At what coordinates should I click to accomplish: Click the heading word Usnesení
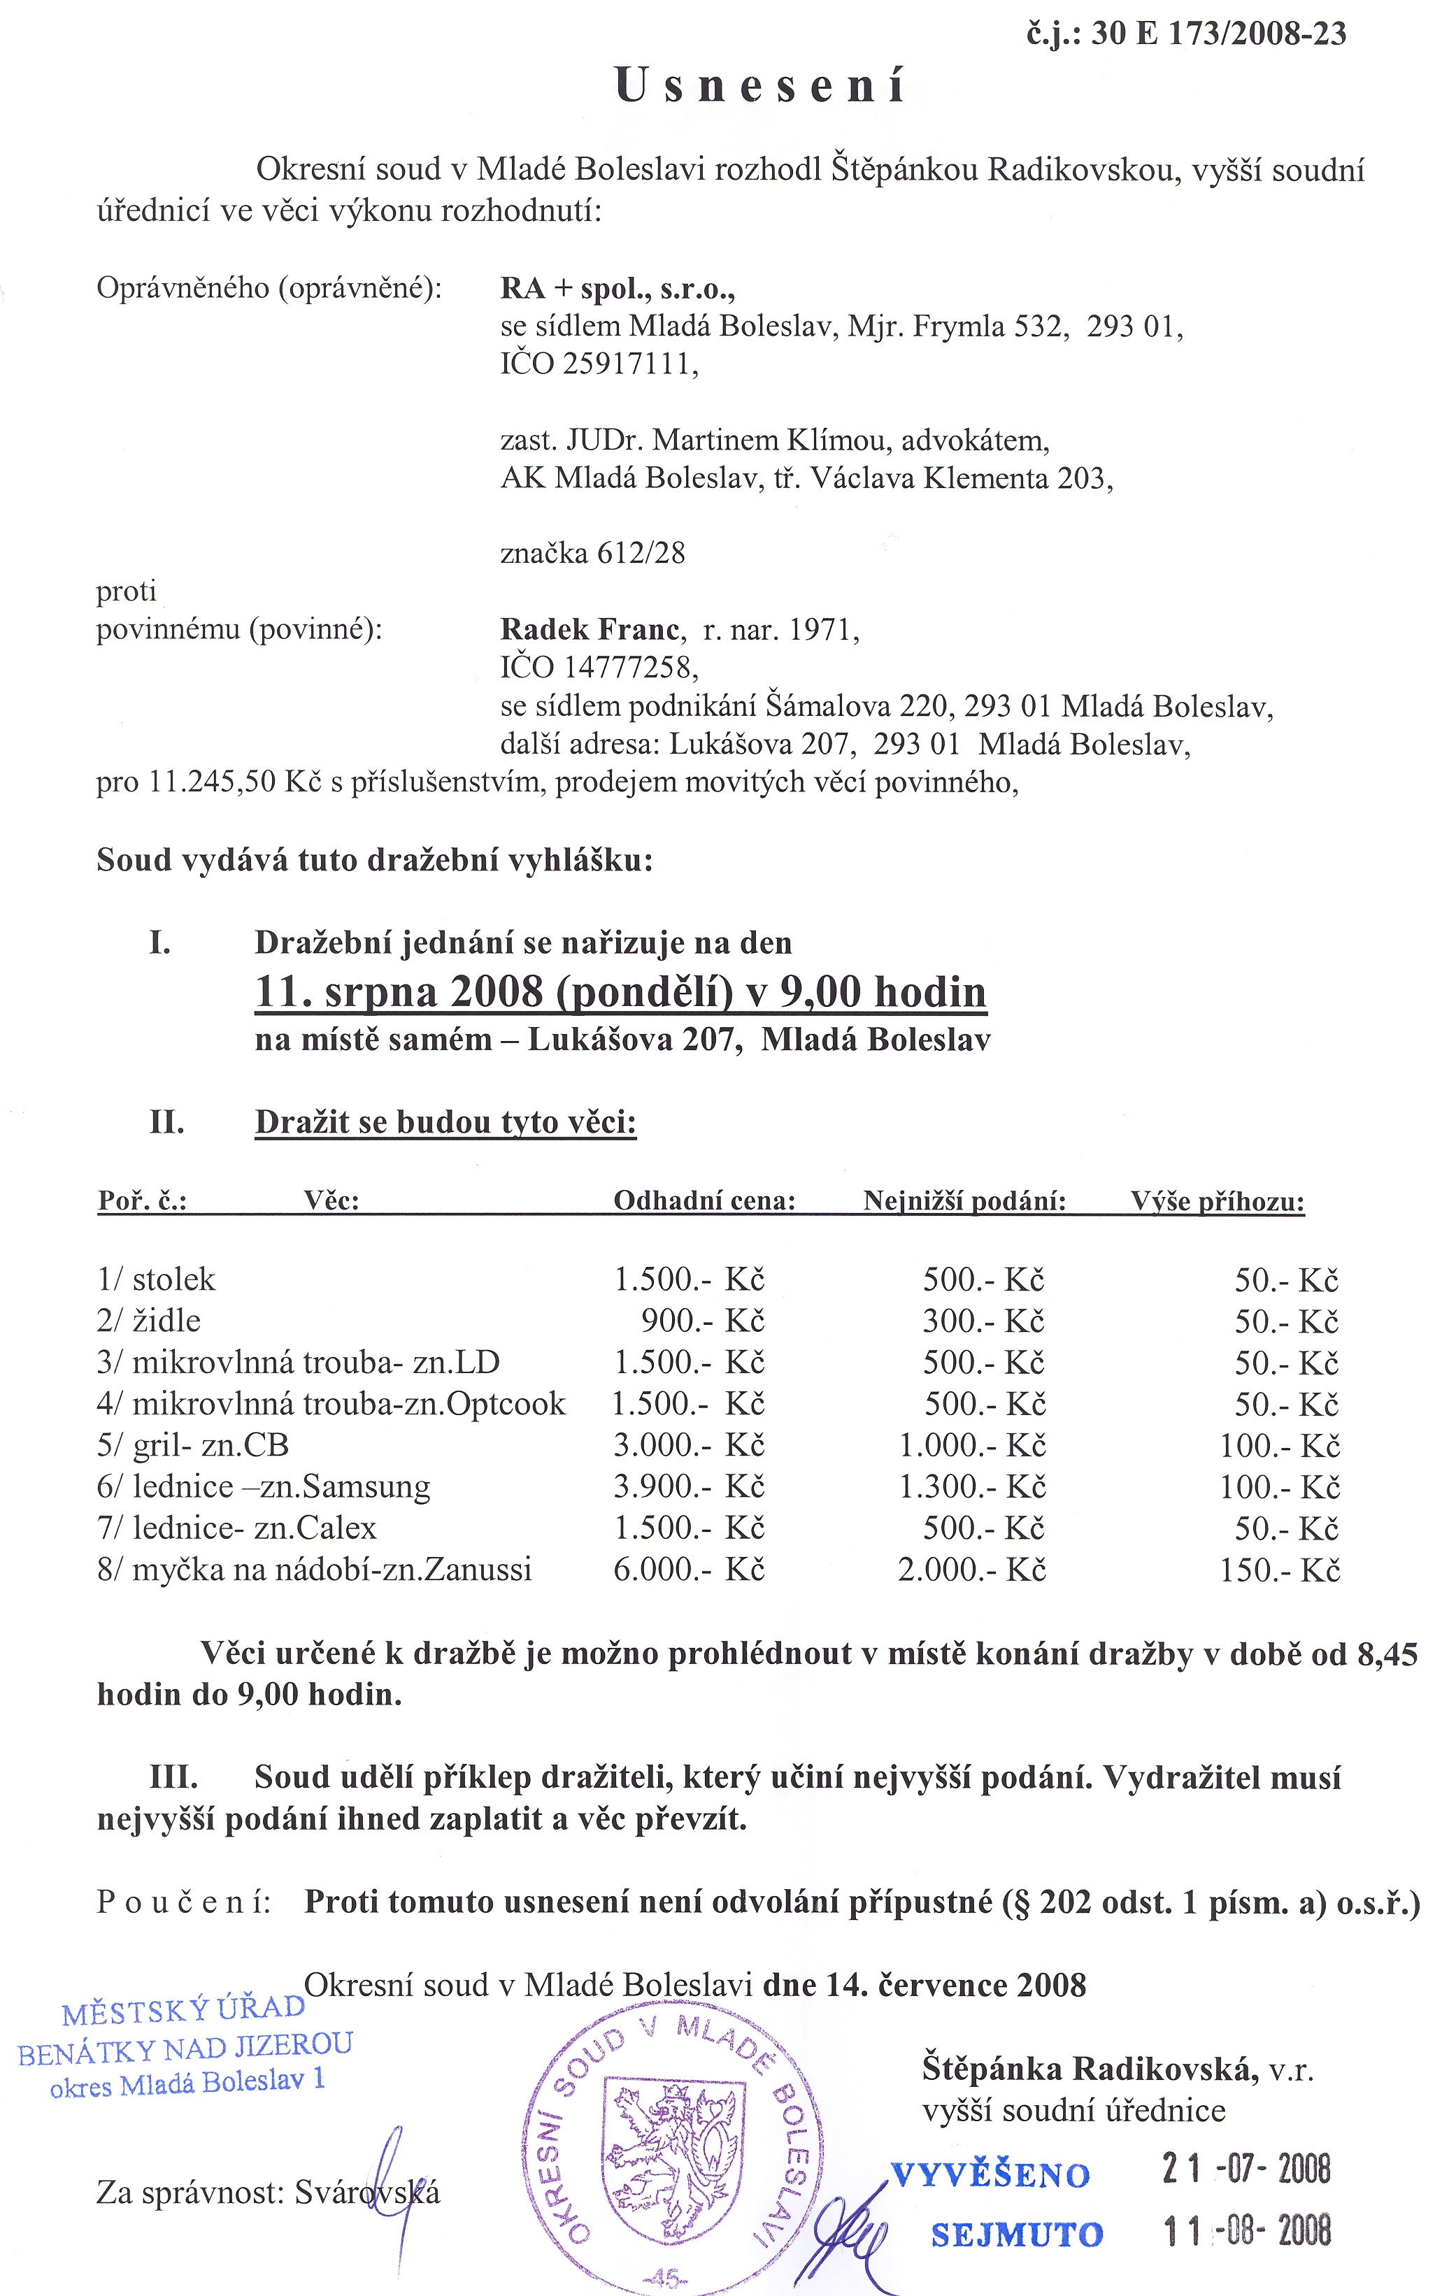pos(760,86)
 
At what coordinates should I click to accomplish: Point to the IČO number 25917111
pos(630,364)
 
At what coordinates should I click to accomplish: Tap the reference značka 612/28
pos(592,553)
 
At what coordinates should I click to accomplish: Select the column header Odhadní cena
pos(704,1201)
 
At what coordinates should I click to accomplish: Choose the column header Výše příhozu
pos(1217,1202)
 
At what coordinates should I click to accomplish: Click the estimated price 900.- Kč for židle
pos(702,1321)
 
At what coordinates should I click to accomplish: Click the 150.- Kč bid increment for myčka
pos(1279,1570)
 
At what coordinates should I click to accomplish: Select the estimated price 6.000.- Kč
pos(688,1570)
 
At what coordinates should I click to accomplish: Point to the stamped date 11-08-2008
pos(1247,2232)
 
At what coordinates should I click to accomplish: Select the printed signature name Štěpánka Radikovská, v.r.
pos(1117,2068)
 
